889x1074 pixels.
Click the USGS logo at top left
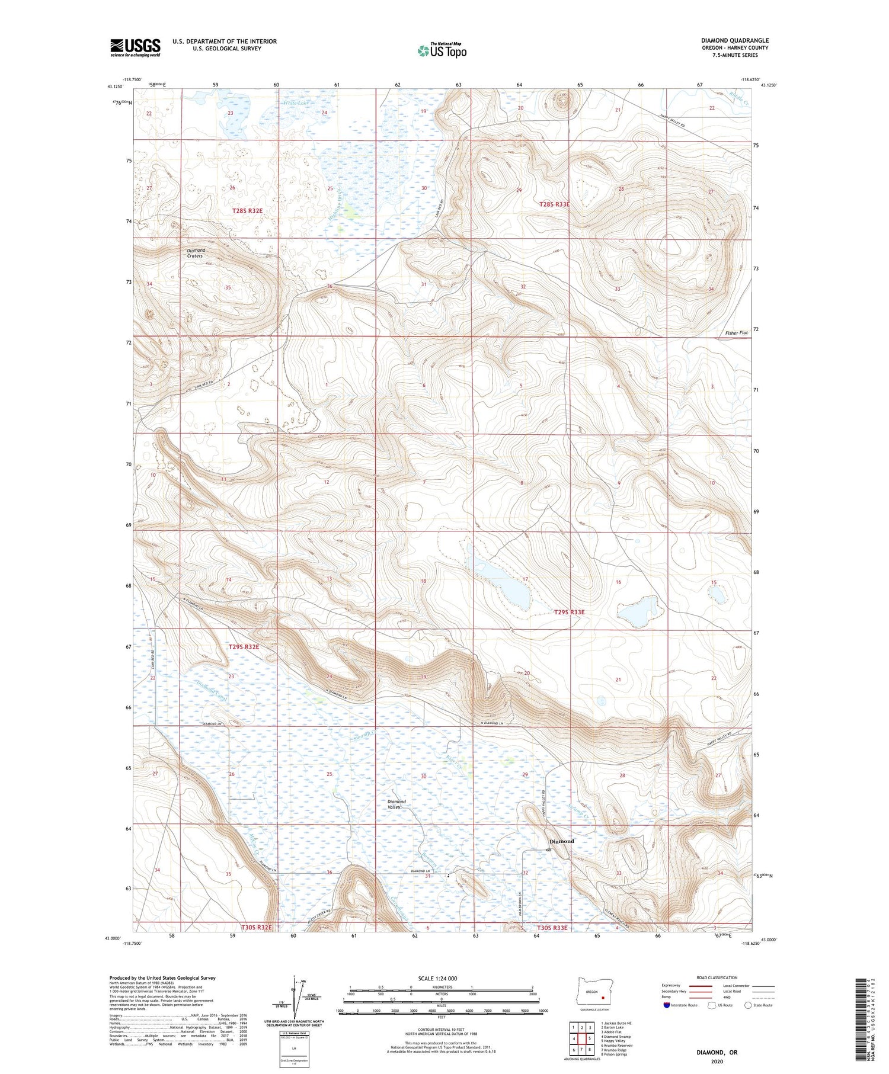click(135, 47)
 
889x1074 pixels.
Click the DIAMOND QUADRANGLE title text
click(734, 40)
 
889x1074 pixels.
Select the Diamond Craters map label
click(196, 253)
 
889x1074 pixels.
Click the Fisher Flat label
click(736, 333)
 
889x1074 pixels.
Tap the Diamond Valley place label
click(397, 804)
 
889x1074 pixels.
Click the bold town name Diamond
click(561, 841)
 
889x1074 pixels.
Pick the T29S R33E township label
click(569, 612)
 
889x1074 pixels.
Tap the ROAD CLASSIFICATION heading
click(717, 977)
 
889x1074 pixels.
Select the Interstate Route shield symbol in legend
click(667, 1005)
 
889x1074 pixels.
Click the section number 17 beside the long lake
click(525, 579)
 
